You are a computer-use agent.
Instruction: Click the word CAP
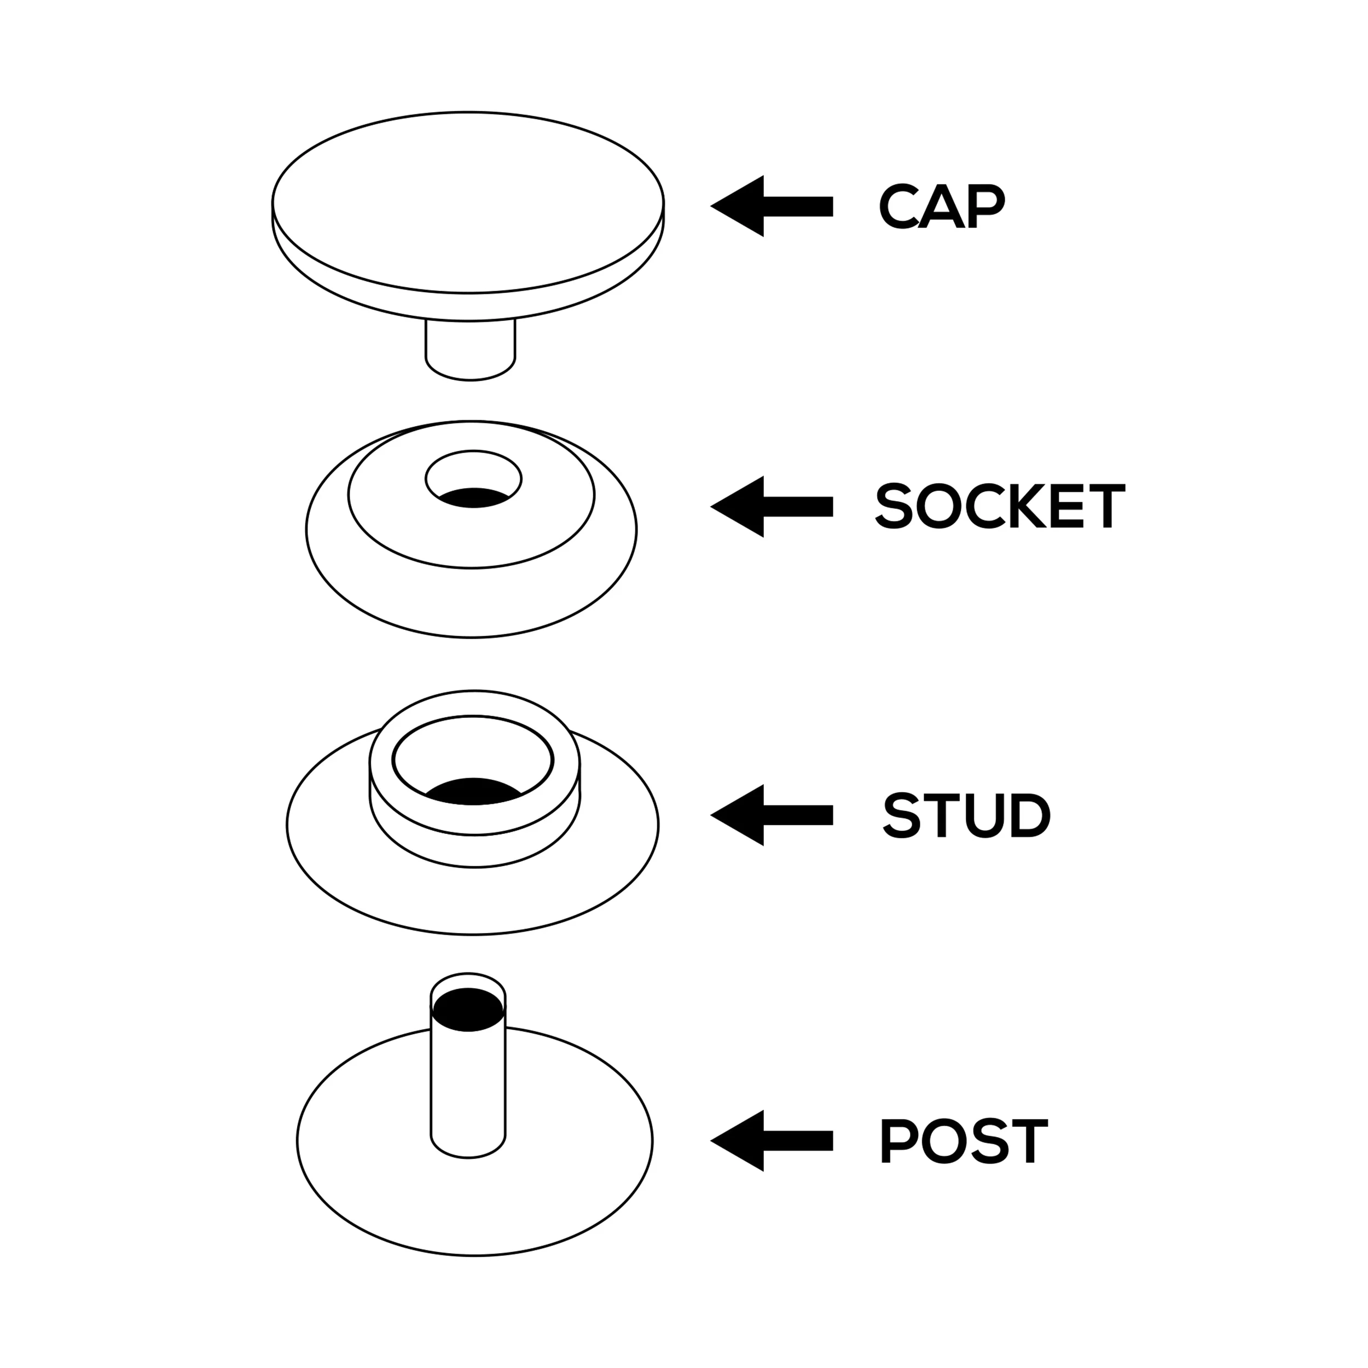(x=941, y=206)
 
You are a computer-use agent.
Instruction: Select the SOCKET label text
(x=999, y=506)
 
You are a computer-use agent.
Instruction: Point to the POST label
(x=963, y=1141)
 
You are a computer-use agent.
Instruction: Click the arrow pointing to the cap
(x=772, y=206)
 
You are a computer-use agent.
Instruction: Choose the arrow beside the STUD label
(x=772, y=815)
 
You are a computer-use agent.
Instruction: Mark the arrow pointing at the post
(x=772, y=1141)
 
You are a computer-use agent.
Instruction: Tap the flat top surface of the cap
(x=467, y=202)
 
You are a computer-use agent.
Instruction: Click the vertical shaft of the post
(x=468, y=1091)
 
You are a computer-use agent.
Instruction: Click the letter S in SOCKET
(x=894, y=506)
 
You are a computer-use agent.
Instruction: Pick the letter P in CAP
(x=987, y=206)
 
